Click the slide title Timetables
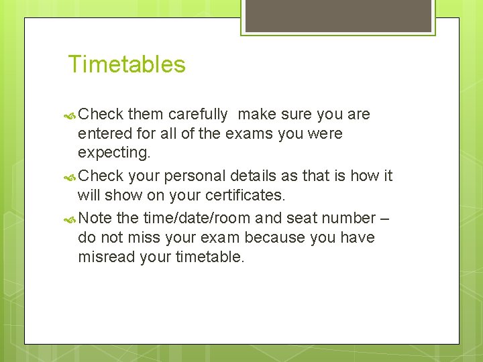(x=127, y=64)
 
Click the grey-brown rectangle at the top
(x=337, y=15)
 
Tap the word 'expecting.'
(x=114, y=153)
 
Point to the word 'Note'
(x=95, y=219)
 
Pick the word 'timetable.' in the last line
(x=211, y=257)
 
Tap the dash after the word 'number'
(x=384, y=219)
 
